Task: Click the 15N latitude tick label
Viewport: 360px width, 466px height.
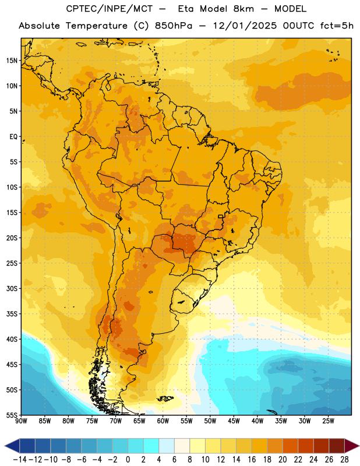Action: coord(12,61)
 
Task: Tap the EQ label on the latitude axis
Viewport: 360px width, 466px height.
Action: coord(13,137)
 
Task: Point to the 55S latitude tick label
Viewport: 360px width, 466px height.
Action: coord(12,415)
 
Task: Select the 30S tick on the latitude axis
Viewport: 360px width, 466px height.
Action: coord(12,288)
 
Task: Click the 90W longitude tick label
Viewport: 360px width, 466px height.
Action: coord(22,421)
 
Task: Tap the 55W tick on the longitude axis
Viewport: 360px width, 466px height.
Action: coord(186,421)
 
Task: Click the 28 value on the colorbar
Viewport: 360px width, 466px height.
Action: coord(344,460)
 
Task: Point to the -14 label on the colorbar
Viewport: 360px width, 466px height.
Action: coord(20,460)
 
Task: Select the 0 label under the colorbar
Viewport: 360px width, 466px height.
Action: coord(128,460)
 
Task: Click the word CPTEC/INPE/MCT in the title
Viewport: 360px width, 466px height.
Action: coord(109,9)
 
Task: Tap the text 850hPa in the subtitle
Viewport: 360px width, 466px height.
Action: coord(174,26)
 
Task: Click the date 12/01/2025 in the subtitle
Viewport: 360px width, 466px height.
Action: coord(245,26)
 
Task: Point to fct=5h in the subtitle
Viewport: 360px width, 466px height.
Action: coord(337,26)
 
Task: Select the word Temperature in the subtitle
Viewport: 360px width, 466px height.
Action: coord(96,26)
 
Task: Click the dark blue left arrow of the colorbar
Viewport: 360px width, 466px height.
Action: coord(12,446)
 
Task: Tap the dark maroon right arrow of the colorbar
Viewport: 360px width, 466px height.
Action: coord(352,446)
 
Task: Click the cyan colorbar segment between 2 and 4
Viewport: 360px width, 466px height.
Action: coord(151,446)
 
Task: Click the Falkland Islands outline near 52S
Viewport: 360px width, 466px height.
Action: coord(165,398)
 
